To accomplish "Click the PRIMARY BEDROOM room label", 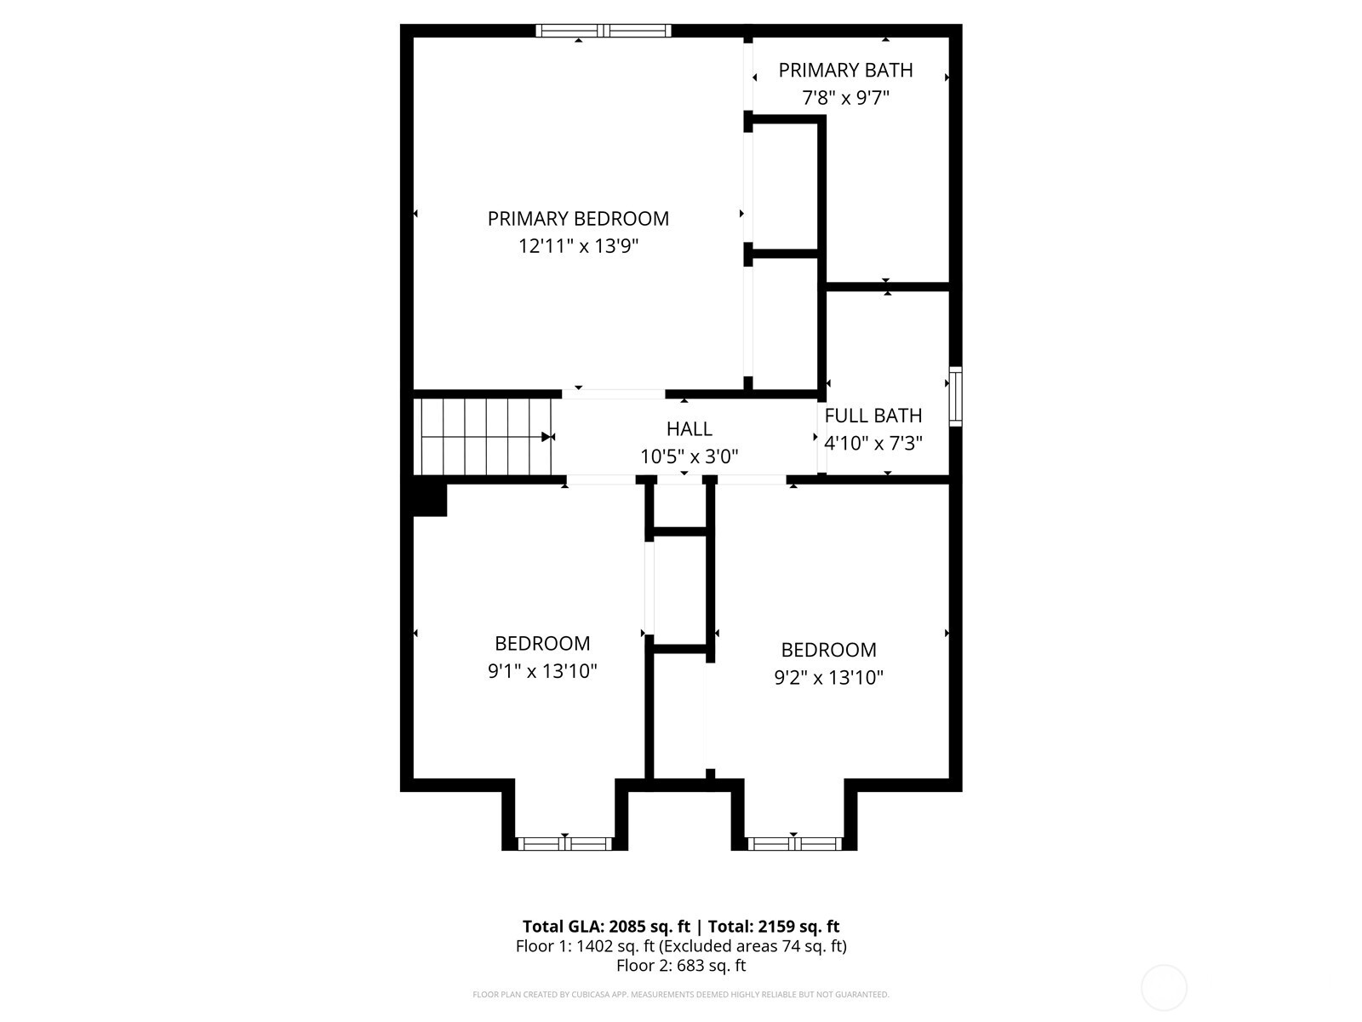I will point(578,219).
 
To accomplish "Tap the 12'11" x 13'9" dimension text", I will point(578,247).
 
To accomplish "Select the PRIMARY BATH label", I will point(845,71).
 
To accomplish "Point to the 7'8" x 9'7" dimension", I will point(845,98).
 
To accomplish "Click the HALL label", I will point(689,429).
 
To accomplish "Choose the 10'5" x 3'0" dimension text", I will point(689,457).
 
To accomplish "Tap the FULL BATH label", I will point(873,416).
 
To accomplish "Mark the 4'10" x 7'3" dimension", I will point(873,444).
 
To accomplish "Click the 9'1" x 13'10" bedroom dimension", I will point(542,672).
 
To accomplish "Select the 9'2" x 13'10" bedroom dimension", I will point(828,678).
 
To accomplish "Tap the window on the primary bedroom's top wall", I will point(604,32).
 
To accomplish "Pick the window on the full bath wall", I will point(956,396).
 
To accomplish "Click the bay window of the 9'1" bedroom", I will point(564,844).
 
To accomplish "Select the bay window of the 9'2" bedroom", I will point(794,844).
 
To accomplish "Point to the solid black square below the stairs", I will point(429,500).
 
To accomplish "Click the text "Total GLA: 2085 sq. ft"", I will point(606,927).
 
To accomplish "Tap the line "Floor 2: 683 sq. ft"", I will point(681,966).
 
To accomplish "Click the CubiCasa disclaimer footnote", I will point(681,995).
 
